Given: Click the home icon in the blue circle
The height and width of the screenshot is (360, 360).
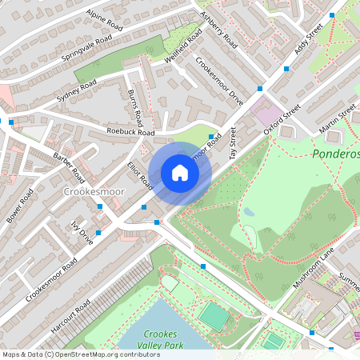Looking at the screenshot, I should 180,173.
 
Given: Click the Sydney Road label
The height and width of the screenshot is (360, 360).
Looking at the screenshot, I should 76,90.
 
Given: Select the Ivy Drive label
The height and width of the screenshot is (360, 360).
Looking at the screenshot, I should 83,234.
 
